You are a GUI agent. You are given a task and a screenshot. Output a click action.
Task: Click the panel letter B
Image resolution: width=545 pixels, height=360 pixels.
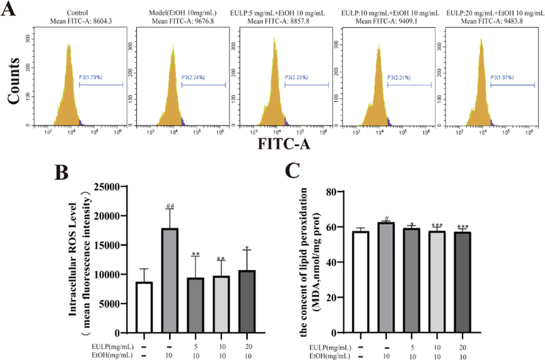click(62, 174)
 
